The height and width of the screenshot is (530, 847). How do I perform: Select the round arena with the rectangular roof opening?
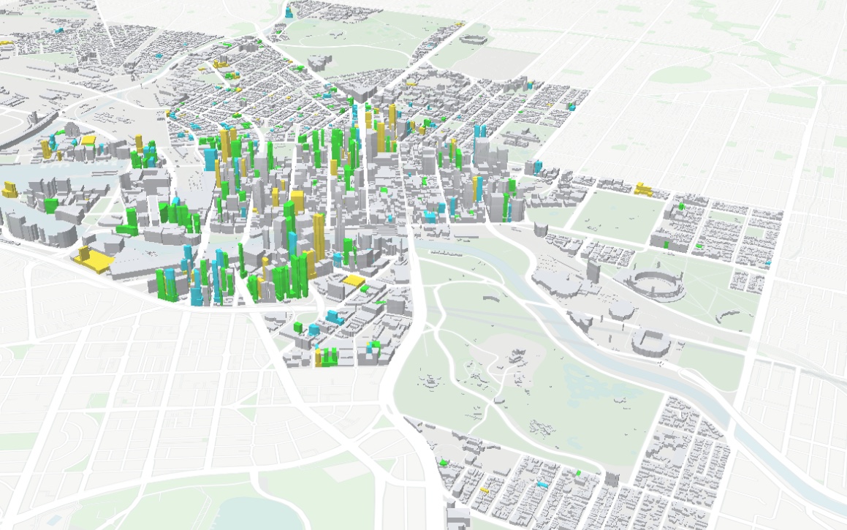(650, 341)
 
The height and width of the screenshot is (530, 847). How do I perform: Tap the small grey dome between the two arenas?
(620, 313)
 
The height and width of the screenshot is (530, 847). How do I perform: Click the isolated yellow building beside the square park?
(644, 189)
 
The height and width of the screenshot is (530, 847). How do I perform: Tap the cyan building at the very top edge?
(289, 11)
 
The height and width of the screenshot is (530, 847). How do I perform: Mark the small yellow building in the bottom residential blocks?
(484, 488)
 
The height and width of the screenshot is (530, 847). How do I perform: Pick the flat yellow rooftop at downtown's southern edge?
(354, 280)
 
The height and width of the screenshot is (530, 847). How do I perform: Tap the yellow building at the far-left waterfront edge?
(10, 190)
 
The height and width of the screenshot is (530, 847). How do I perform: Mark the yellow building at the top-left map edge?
(6, 42)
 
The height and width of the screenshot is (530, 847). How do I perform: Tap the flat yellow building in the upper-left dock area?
(88, 139)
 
